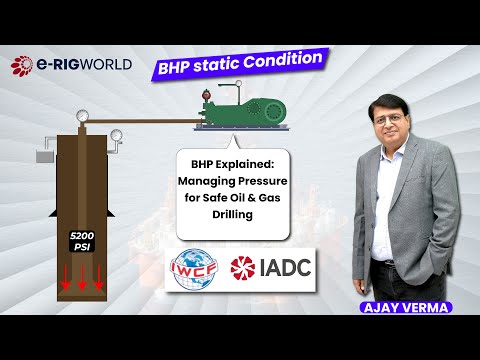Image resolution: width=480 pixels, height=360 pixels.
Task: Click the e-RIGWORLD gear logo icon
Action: point(22,65)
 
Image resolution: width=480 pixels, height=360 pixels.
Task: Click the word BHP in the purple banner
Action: point(177,69)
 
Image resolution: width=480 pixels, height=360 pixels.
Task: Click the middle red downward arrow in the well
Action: point(81,279)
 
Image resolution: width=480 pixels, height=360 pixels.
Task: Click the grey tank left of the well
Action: point(44,156)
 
